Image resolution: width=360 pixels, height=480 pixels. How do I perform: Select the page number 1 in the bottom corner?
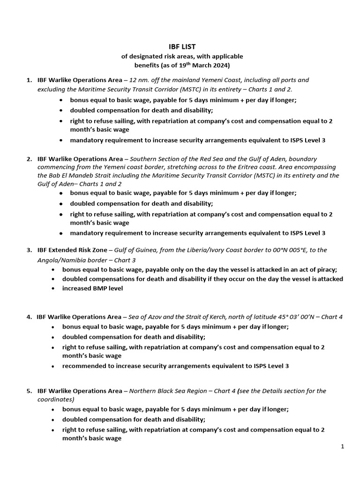(x=343, y=447)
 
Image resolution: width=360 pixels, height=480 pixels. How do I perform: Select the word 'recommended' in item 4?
(x=83, y=366)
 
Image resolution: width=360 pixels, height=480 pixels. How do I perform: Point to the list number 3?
(x=29, y=250)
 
